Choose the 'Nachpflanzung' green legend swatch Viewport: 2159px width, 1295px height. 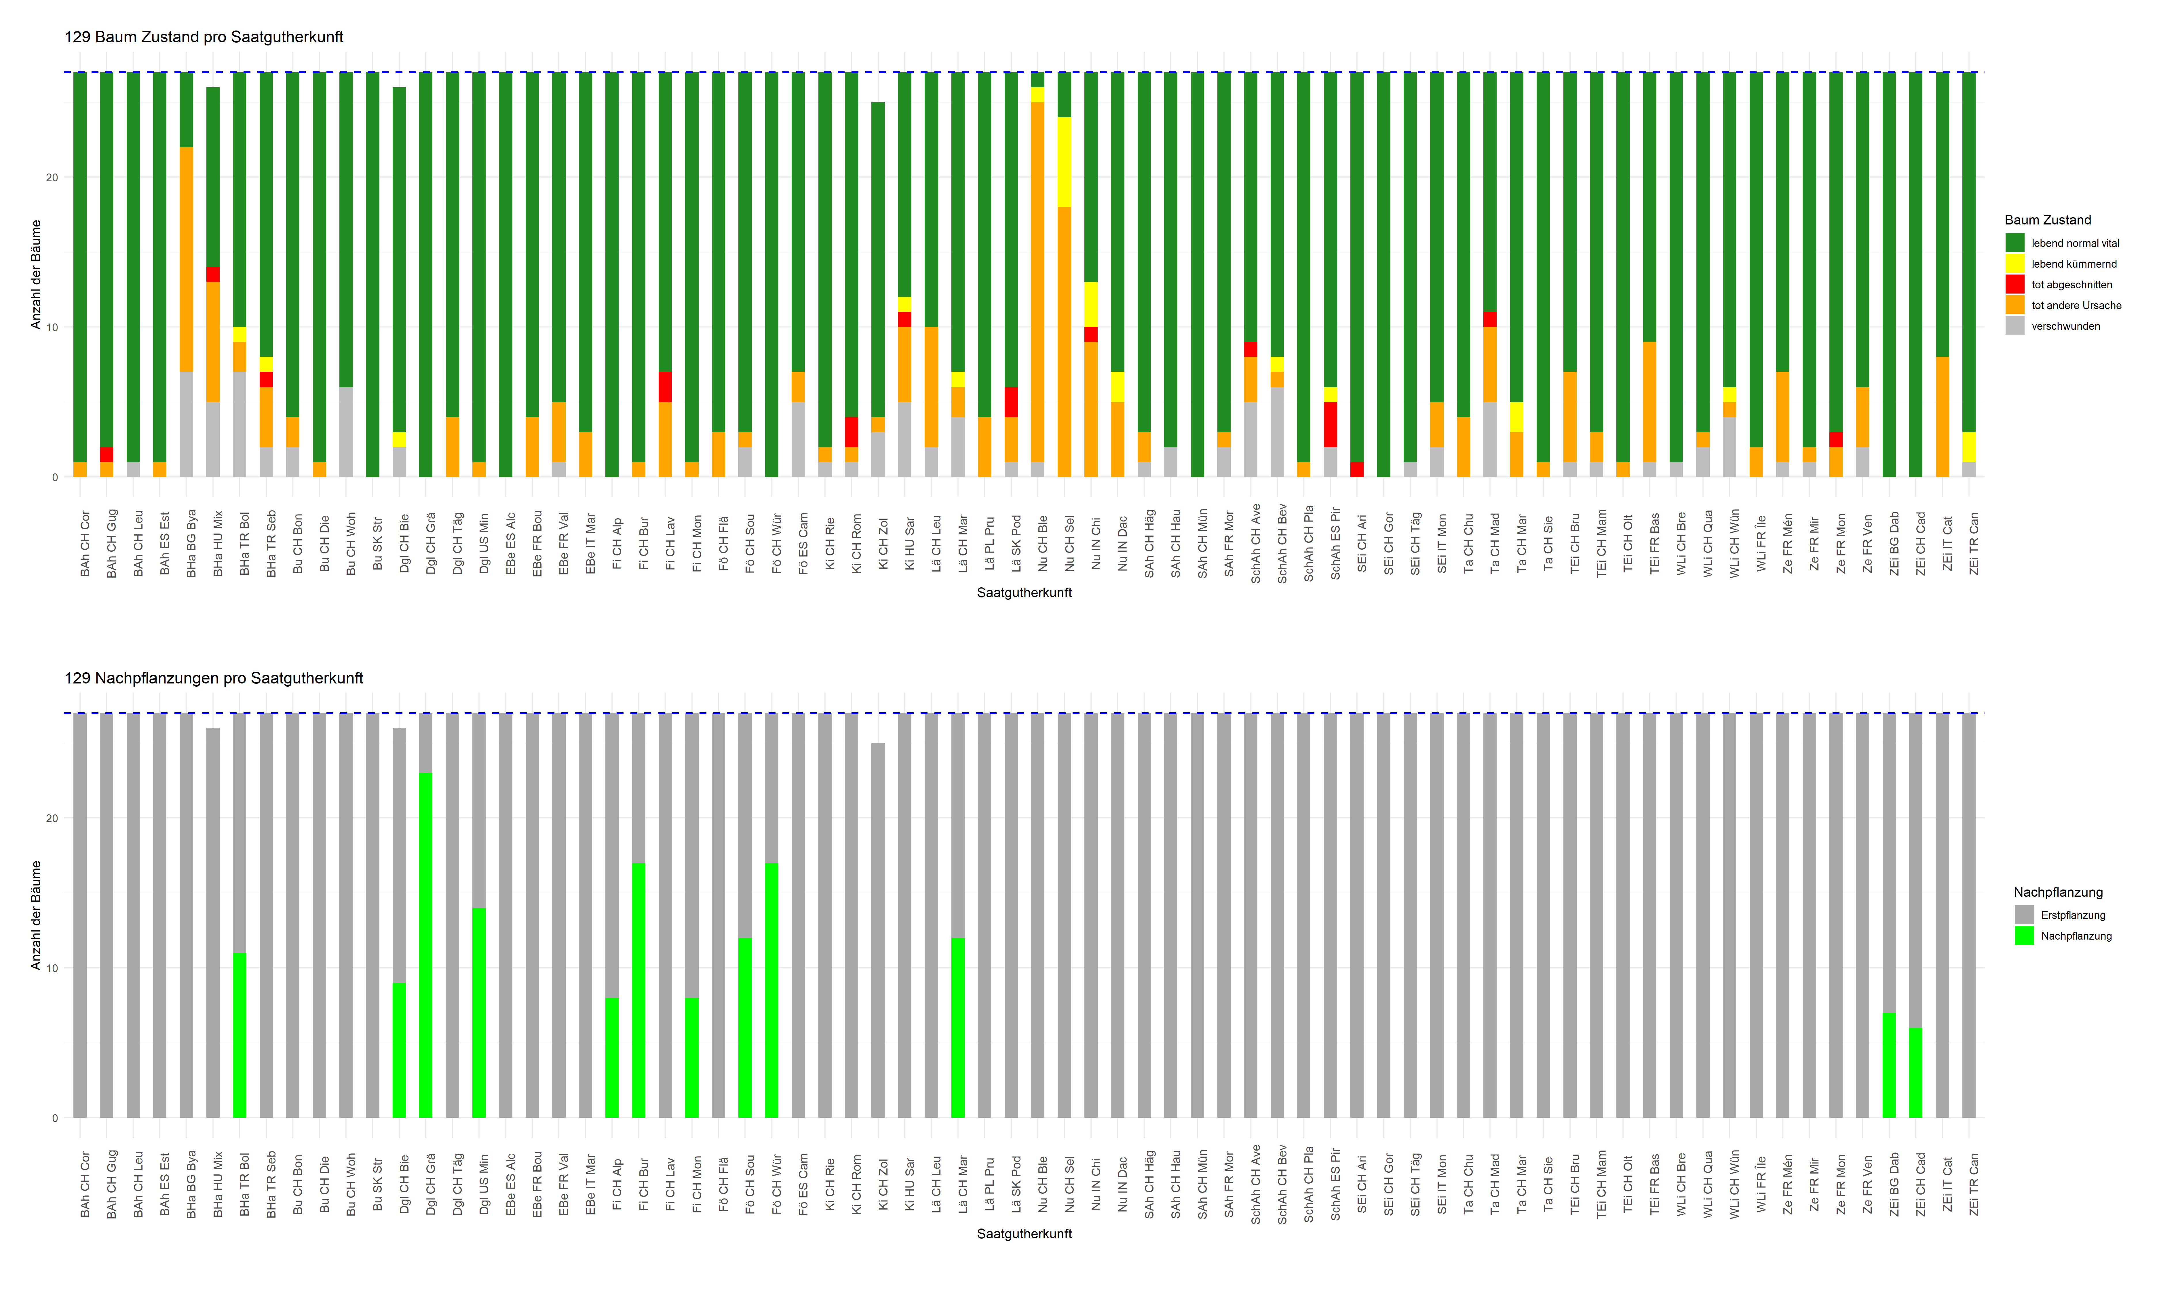coord(2024,936)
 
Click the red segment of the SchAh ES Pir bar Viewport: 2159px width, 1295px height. coord(1330,424)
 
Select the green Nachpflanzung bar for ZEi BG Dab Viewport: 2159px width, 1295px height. coord(1888,1064)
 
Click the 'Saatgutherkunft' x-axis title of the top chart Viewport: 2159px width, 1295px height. coord(1024,593)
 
